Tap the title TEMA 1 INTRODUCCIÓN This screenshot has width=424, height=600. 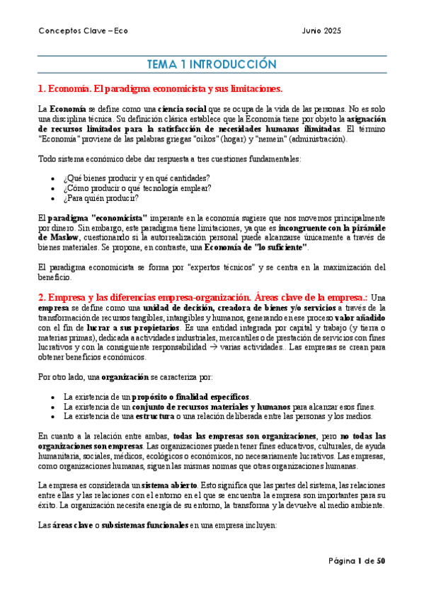pyautogui.click(x=211, y=64)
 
